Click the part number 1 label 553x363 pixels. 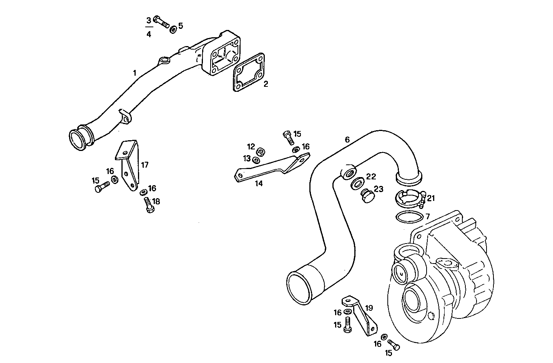coord(135,73)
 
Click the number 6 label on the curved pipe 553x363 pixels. coord(347,140)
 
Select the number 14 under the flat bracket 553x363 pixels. coord(259,184)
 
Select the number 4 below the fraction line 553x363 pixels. coord(149,34)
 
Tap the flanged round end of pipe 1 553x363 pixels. coord(78,140)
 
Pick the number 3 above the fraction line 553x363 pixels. coord(149,20)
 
